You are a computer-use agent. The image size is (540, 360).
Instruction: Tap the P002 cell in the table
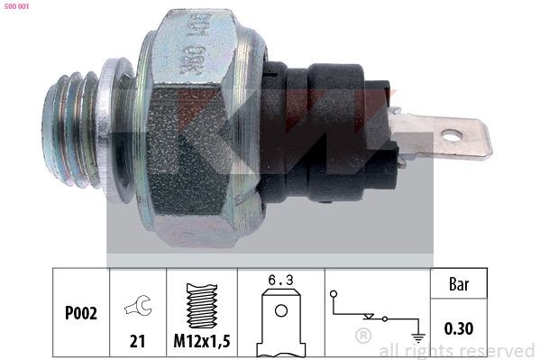click(x=82, y=313)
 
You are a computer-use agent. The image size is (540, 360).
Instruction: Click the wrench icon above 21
click(x=138, y=307)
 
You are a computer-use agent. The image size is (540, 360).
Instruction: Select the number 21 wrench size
click(x=138, y=341)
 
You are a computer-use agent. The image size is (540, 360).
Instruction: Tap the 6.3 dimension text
click(x=280, y=281)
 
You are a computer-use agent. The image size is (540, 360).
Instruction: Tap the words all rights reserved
click(x=456, y=350)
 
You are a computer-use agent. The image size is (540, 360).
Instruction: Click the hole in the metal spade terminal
click(x=452, y=136)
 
